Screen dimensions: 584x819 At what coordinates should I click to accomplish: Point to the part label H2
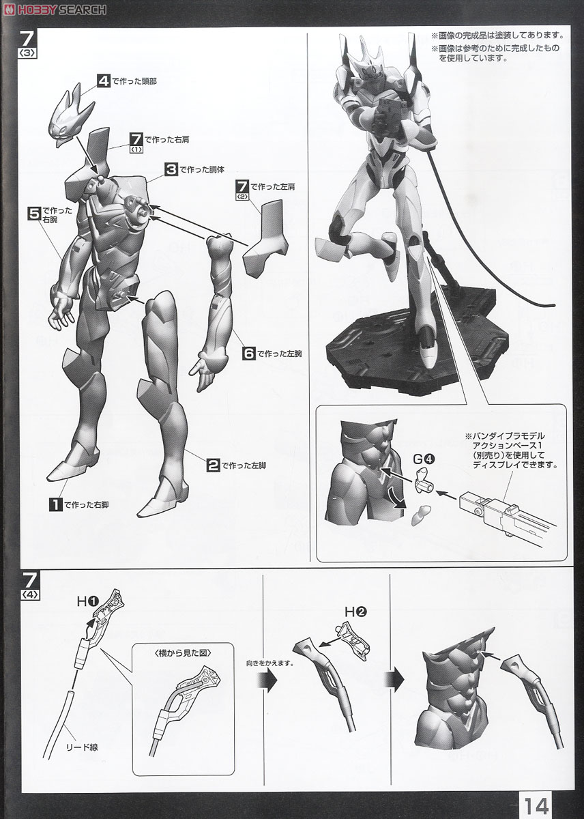pos(356,612)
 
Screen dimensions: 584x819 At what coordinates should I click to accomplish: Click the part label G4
pos(424,459)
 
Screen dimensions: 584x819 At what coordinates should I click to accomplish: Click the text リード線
pos(82,747)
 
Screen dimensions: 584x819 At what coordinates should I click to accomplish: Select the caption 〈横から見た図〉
pos(183,653)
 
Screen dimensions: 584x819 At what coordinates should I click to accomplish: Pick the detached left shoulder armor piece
pos(267,238)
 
